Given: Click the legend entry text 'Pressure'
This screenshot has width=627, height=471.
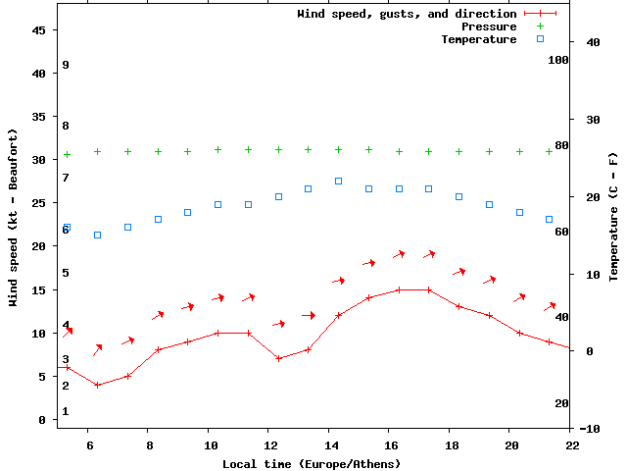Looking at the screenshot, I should tap(489, 26).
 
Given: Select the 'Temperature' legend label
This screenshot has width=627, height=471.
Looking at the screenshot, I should tap(478, 39).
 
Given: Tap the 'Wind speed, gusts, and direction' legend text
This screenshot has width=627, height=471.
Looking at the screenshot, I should tap(407, 14).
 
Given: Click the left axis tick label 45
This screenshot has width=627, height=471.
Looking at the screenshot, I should tap(39, 30).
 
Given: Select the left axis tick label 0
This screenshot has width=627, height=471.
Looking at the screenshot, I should tap(43, 420).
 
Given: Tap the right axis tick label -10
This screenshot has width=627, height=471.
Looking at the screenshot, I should tap(590, 429).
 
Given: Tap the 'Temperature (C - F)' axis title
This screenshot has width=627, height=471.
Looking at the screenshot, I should tap(613, 216).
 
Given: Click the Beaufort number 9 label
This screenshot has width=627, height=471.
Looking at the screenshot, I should tap(65, 65).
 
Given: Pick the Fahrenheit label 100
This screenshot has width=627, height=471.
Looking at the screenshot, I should tap(558, 60).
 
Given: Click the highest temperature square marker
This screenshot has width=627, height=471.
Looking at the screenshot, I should tap(338, 181).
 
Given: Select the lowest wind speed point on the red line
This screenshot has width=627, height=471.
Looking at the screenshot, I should tap(97, 385).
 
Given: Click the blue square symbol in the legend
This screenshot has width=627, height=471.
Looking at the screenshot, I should tap(540, 39).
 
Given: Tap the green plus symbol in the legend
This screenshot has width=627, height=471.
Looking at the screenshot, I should tap(540, 26).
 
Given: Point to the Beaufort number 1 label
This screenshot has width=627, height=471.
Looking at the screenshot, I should tap(65, 411).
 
